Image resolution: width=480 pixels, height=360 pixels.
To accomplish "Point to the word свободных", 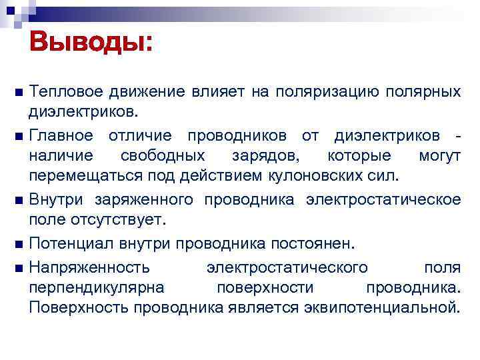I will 163,155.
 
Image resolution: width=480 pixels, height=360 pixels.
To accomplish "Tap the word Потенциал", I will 71,243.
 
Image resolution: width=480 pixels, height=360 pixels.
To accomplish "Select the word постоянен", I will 319,243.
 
